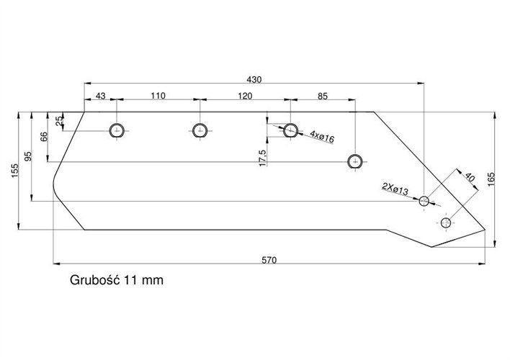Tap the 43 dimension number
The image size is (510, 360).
(100, 95)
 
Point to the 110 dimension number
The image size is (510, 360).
(158, 95)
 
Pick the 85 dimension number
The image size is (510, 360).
(322, 95)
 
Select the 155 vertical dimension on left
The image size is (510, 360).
(14, 171)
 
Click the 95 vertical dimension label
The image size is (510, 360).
(28, 158)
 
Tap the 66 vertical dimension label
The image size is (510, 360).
(44, 137)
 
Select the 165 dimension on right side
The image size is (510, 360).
(491, 179)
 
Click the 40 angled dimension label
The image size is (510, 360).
(470, 177)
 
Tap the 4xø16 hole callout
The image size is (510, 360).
(321, 135)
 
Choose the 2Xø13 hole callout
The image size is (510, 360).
(395, 189)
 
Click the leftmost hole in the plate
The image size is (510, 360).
(117, 130)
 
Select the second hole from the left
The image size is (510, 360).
(200, 130)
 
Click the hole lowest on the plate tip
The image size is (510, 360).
(447, 222)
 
